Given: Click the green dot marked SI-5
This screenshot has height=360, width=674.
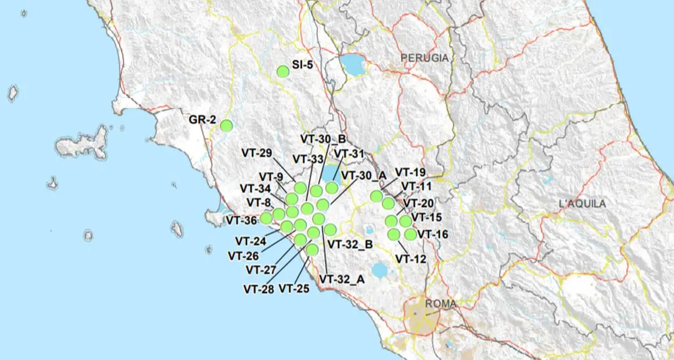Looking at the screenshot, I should [x=283, y=71].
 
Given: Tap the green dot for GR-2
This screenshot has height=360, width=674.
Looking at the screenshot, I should [x=226, y=126].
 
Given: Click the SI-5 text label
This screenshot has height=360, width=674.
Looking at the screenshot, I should [x=302, y=64].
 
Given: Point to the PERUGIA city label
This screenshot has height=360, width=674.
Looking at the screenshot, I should [x=425, y=58].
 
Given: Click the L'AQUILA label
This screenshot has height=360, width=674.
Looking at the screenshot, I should [x=582, y=203].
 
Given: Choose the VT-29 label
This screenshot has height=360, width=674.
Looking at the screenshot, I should [x=257, y=153].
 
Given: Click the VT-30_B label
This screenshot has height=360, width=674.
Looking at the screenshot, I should [x=323, y=138].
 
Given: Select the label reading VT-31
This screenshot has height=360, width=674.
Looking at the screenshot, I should [x=349, y=153].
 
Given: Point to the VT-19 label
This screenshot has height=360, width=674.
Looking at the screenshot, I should [x=411, y=172].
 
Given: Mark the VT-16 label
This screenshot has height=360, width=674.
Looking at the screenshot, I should [x=432, y=234].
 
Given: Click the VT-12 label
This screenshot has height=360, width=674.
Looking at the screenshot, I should [x=411, y=258].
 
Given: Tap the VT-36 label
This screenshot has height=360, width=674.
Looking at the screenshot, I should [x=242, y=220].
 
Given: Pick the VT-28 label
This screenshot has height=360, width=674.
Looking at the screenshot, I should [x=258, y=289].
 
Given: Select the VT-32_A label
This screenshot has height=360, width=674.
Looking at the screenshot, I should [x=342, y=279].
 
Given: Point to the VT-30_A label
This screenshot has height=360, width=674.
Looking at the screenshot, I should [x=364, y=175].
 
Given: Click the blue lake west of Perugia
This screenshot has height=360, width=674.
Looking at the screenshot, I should [x=353, y=64].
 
